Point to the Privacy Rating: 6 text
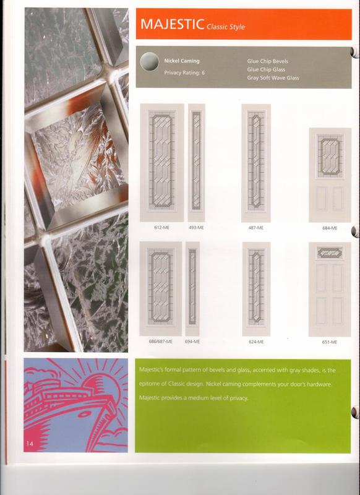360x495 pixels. pos(184,72)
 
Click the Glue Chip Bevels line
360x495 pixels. pos(267,61)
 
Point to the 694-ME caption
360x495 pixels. pos(192,342)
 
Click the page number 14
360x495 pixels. pos(30,444)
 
